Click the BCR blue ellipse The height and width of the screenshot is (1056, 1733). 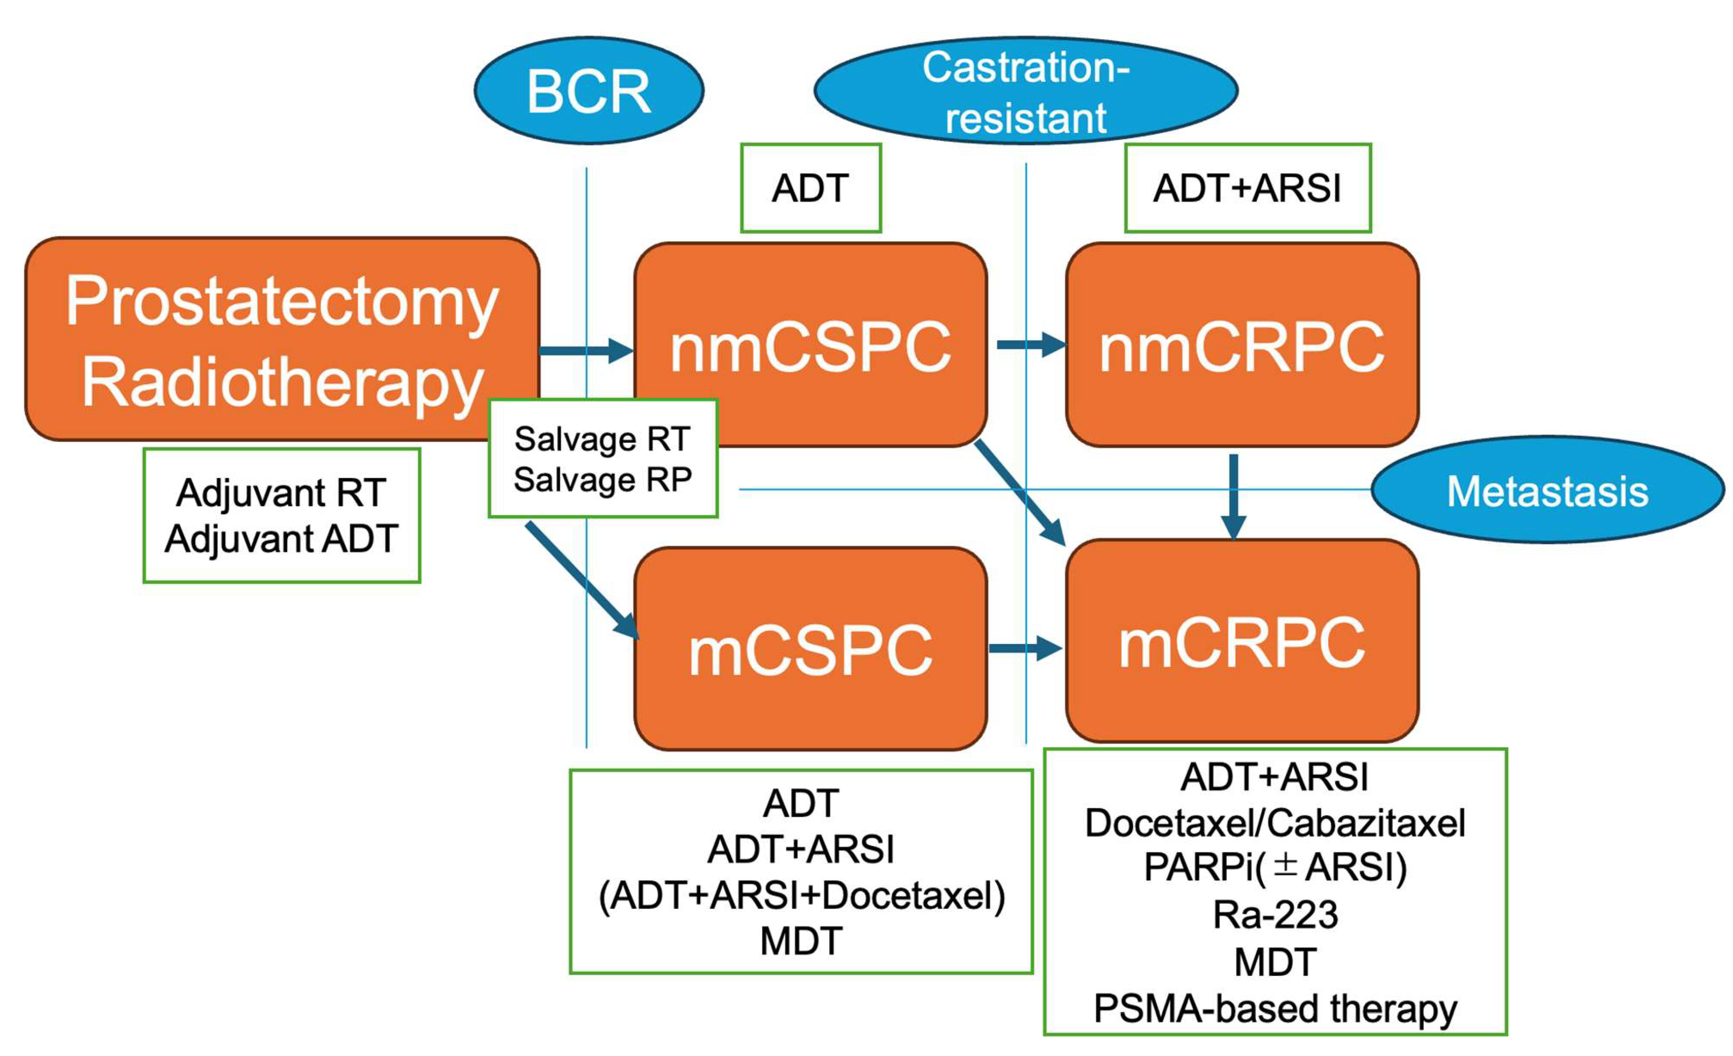coord(589,91)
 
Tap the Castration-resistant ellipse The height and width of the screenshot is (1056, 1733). coord(1025,91)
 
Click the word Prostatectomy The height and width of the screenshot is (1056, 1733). coord(282,302)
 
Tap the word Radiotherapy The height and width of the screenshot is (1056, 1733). coord(282,384)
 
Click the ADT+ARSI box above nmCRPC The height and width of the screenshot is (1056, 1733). coord(1248,188)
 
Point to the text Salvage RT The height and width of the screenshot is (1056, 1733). coord(602,440)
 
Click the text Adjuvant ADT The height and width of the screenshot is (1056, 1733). coord(281,539)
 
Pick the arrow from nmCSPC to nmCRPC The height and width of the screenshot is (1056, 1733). coord(1031,344)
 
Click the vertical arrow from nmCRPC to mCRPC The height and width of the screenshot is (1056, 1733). coord(1234,497)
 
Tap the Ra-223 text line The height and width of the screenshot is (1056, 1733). coord(1275,915)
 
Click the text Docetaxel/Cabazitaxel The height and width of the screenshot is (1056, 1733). coord(1275,823)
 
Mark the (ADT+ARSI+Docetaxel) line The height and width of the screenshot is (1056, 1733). coord(802,895)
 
